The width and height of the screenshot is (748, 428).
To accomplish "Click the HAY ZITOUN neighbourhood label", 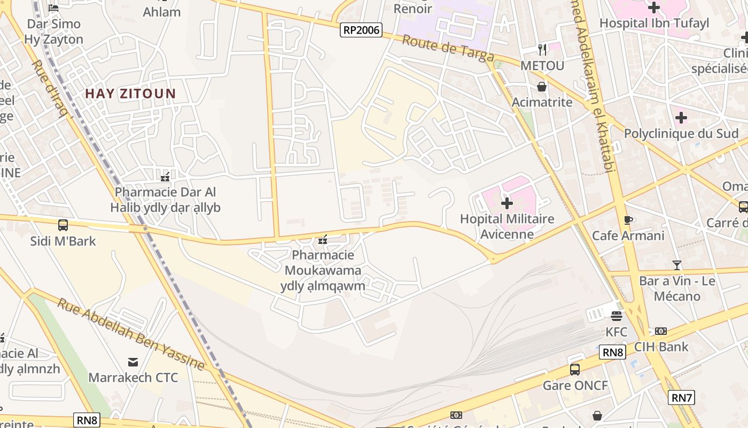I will coord(130,94).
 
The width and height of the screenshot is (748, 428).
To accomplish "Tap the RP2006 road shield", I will coord(361,30).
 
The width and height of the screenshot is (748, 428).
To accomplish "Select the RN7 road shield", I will coord(681,397).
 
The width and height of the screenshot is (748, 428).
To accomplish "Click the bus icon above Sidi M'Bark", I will coord(63,225).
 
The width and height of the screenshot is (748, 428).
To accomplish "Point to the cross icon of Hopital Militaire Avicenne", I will coord(507,203).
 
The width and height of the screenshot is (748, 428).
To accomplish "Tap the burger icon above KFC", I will coord(616,316).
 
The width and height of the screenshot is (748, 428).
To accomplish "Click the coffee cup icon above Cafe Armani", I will coord(628,220).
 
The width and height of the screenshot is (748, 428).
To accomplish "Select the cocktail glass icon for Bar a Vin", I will coord(677,265).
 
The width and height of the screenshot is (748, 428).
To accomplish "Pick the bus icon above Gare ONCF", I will coord(575,369).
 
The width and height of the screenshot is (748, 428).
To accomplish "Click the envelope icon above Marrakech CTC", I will coord(133,362).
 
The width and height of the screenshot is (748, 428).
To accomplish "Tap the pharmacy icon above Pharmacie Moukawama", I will coord(323,239).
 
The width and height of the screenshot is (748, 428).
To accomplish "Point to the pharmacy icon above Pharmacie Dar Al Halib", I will coord(165,176).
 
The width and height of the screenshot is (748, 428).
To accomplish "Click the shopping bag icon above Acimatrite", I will coord(542,86).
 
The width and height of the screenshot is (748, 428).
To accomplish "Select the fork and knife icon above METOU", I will coord(542,50).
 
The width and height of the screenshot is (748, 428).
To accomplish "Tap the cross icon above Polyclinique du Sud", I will coord(681,117).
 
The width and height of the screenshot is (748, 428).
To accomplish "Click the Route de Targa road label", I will coord(448,48).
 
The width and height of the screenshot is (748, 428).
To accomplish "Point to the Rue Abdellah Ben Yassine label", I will coord(131,334).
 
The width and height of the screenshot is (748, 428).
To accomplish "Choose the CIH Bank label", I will coord(661,347).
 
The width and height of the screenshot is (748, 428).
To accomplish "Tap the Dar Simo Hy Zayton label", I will coord(53,32).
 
